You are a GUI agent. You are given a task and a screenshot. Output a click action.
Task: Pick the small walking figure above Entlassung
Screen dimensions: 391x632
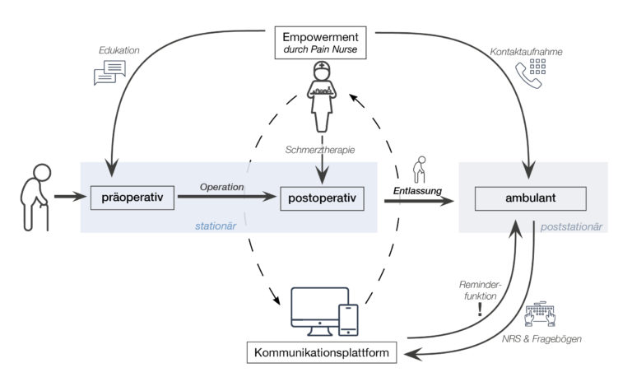point(421,170)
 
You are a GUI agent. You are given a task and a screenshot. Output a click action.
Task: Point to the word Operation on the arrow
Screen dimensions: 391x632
point(222,187)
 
